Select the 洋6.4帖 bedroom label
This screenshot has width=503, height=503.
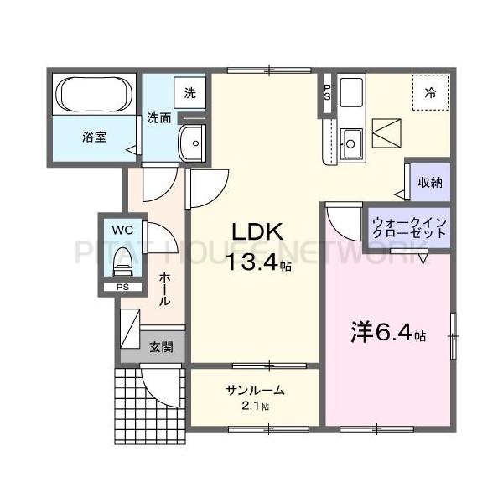[387, 333]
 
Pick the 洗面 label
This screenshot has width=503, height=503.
[159, 118]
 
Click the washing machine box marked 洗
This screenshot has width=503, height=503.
[190, 93]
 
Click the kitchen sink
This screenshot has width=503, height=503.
[350, 143]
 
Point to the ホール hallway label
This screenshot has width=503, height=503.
[165, 289]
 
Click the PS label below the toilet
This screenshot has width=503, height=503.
[122, 288]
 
